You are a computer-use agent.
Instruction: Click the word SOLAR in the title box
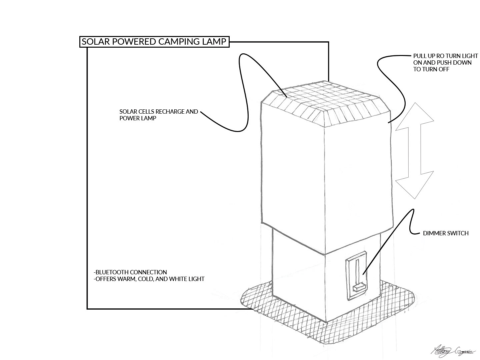pos(94,42)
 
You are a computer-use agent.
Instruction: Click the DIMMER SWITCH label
pos(446,233)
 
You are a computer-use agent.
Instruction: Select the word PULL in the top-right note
pos(419,56)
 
